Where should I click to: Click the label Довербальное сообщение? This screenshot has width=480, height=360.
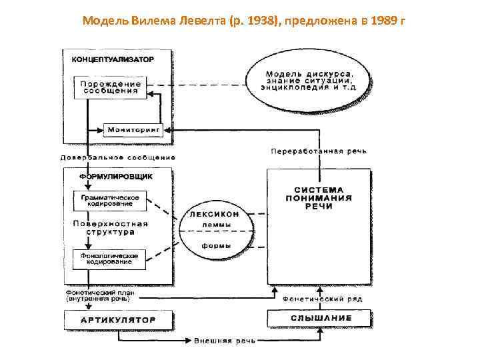(118, 157)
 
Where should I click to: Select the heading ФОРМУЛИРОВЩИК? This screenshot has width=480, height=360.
(116, 177)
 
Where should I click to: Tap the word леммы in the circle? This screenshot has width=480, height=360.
(217, 226)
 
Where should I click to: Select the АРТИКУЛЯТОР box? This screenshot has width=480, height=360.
(118, 319)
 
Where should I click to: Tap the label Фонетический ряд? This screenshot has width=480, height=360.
(323, 299)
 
